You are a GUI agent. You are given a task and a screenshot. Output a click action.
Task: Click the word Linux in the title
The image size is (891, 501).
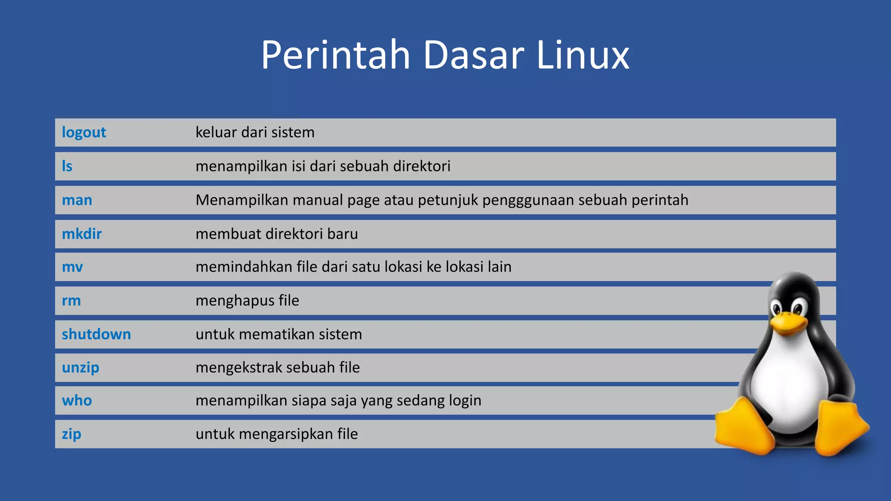[583, 55]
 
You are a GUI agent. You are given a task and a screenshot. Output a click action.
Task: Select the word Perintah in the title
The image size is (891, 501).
[335, 55]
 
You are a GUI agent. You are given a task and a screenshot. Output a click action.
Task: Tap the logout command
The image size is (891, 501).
[84, 132]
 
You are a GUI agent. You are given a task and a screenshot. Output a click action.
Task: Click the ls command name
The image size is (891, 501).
[67, 166]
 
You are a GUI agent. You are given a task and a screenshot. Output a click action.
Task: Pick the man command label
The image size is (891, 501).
[77, 200]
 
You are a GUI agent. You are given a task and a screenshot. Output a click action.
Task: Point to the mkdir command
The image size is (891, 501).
[82, 234]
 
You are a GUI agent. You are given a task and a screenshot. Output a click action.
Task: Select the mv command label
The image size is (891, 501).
[72, 267]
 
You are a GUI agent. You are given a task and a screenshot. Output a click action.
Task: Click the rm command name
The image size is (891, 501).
[71, 301]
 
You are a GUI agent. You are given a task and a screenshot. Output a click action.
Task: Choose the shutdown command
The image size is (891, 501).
[96, 334]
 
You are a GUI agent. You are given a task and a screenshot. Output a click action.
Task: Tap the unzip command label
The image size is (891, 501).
[80, 367]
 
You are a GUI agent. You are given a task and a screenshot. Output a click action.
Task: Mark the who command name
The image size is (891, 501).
[77, 401]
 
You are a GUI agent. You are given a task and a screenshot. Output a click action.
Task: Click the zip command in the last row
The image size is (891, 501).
[71, 434]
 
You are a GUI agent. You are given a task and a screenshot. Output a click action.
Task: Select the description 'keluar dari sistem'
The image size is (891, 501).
[255, 132]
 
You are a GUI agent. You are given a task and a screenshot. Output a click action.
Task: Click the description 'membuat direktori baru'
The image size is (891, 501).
[277, 234]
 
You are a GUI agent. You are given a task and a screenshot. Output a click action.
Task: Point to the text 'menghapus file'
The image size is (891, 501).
[247, 301]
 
